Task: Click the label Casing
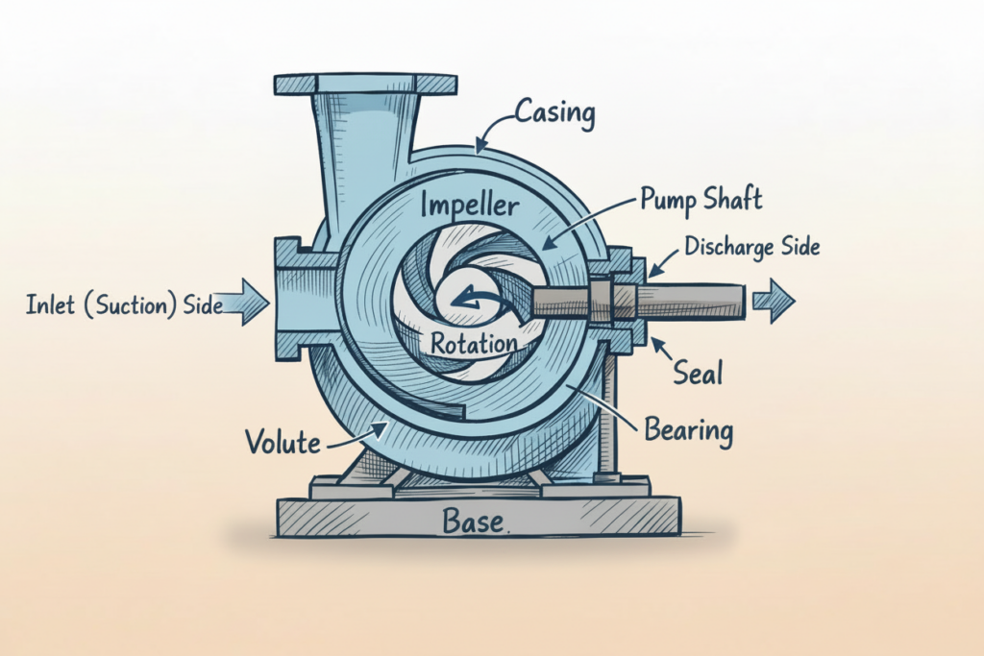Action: (555, 114)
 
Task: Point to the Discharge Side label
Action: (752, 247)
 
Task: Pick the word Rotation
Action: (474, 343)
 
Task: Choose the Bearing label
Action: (689, 429)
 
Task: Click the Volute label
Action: (282, 442)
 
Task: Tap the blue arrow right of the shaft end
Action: (774, 302)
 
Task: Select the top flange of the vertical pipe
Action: (365, 84)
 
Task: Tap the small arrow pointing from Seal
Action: (662, 351)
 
